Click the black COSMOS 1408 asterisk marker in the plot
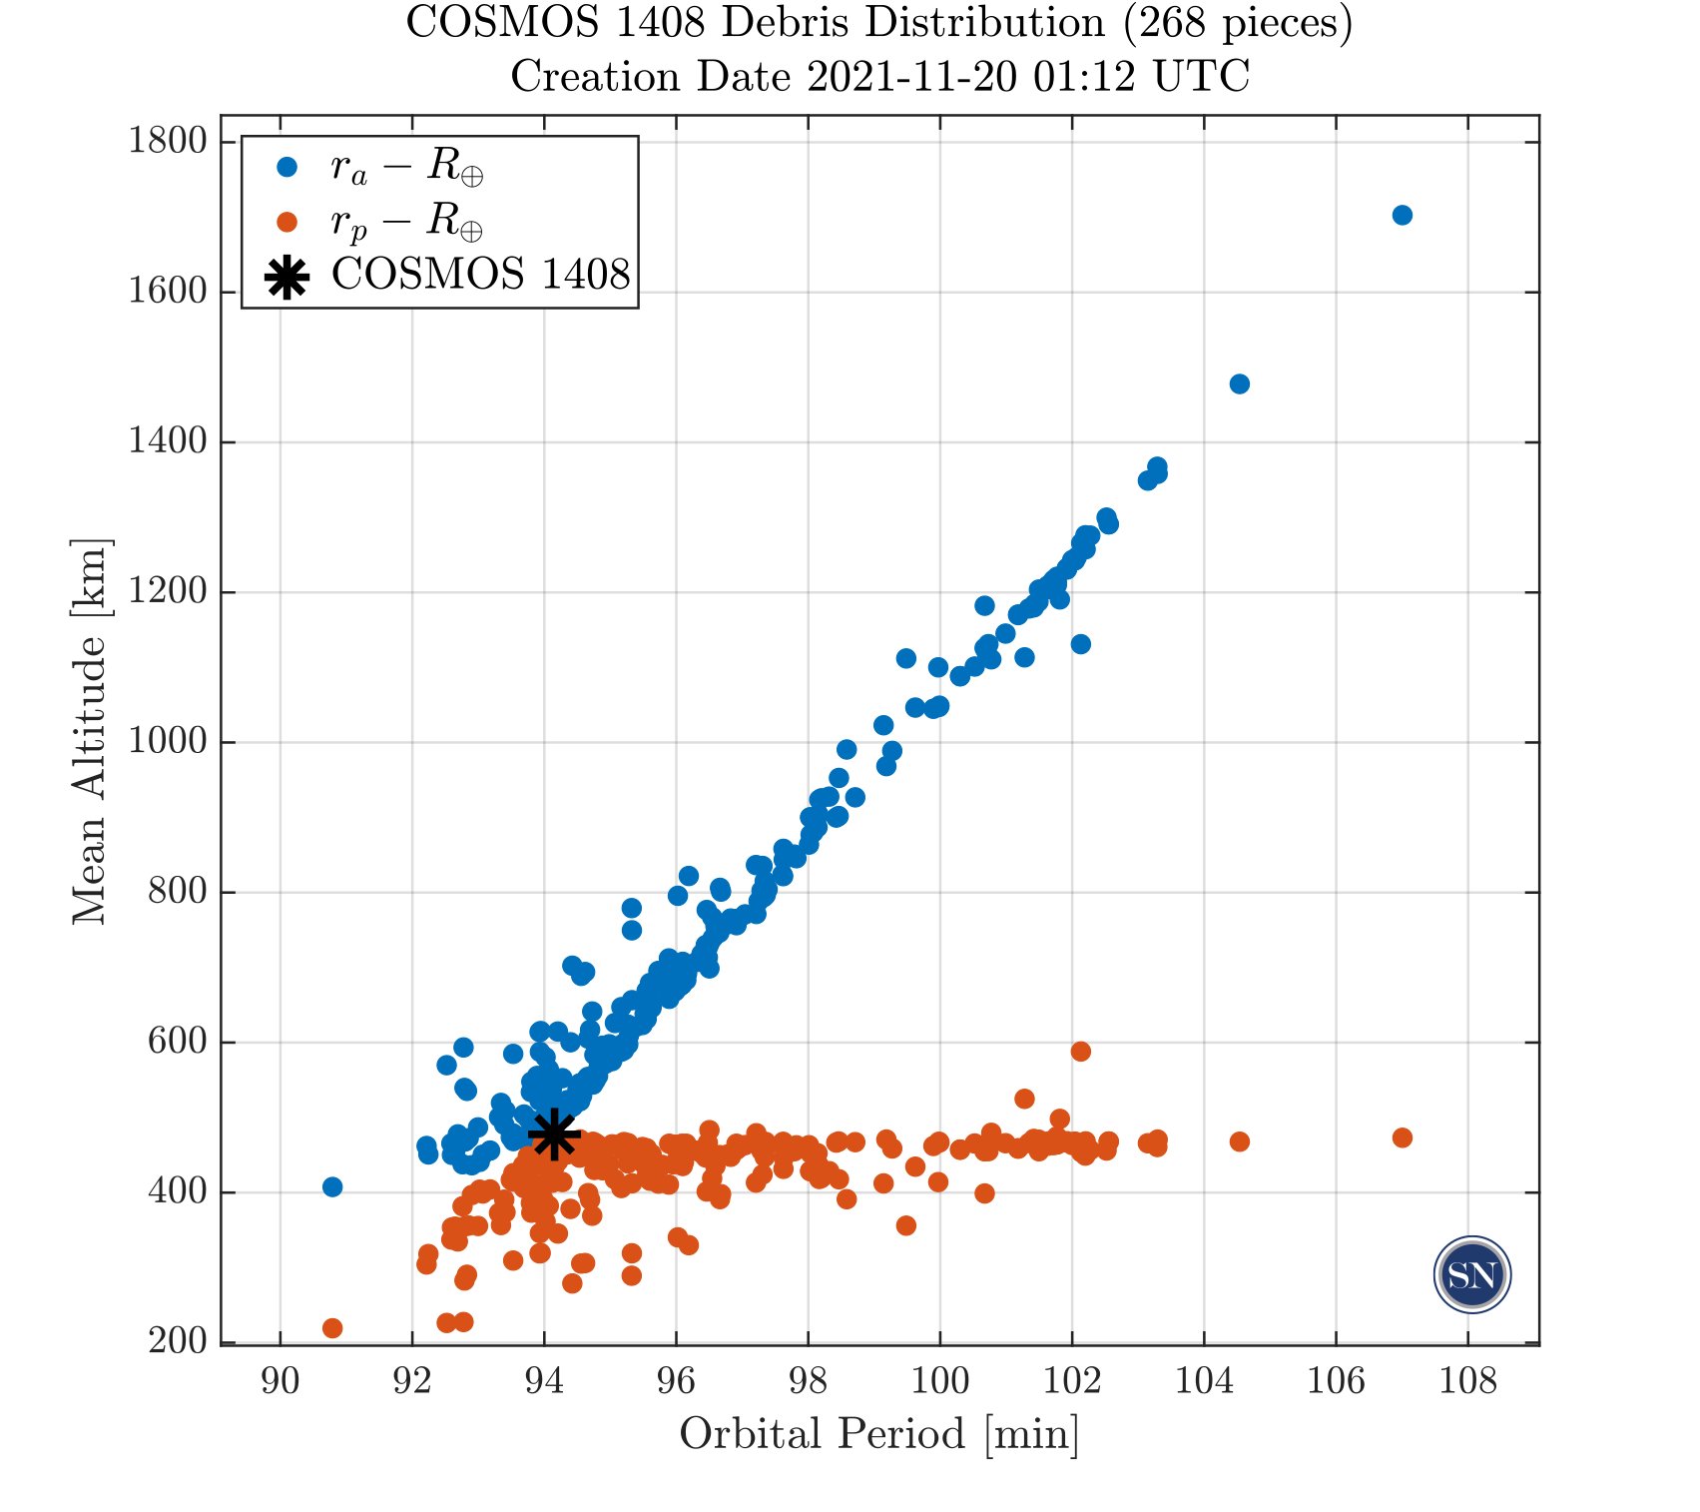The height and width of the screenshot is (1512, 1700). click(x=554, y=1134)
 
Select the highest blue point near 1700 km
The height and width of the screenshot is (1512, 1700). click(x=1402, y=215)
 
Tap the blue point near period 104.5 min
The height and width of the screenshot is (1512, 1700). click(x=1239, y=383)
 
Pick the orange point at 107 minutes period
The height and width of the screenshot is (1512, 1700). click(x=1402, y=1137)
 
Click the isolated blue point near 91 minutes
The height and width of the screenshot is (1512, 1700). click(x=332, y=1186)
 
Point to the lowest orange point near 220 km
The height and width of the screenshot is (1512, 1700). click(x=332, y=1327)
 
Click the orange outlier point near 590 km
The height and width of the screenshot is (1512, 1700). click(x=1080, y=1051)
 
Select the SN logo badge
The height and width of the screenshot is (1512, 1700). click(x=1471, y=1275)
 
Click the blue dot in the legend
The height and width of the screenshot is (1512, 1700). click(x=287, y=168)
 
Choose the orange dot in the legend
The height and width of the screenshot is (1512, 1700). click(x=287, y=221)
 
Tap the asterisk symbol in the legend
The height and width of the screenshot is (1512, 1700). click(x=287, y=277)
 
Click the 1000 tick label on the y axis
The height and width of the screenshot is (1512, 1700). click(x=167, y=742)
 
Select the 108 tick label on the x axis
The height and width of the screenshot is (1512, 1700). click(x=1467, y=1381)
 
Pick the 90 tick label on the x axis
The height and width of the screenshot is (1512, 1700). click(x=280, y=1381)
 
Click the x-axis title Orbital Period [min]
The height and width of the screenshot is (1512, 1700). click(x=878, y=1434)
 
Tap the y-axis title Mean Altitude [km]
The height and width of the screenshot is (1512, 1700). click(x=90, y=732)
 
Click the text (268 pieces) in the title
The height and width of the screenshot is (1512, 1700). click(x=1237, y=23)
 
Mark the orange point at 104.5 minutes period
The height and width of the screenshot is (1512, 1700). click(x=1239, y=1141)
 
